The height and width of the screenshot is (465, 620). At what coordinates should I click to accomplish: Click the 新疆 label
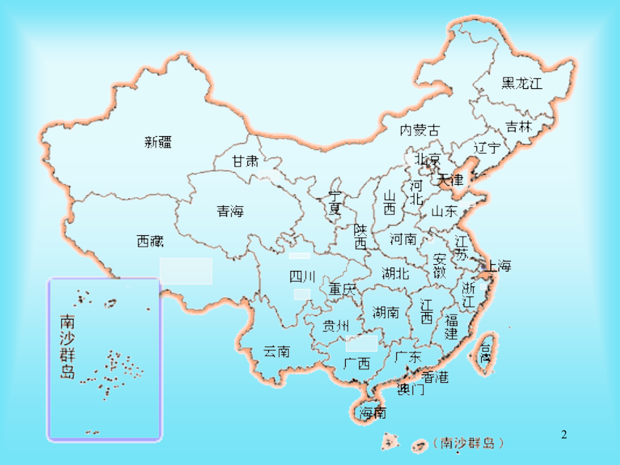click(x=158, y=142)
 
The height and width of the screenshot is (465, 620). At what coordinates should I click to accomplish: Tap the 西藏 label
click(x=150, y=241)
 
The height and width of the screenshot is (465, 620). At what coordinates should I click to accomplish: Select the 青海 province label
click(x=230, y=212)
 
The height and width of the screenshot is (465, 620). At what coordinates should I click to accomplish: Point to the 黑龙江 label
click(x=522, y=84)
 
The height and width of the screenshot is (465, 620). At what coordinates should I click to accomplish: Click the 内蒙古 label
click(x=419, y=129)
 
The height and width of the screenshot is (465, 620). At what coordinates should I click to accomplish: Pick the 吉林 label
click(x=519, y=127)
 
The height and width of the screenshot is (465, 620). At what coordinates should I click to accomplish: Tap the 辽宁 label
click(x=487, y=148)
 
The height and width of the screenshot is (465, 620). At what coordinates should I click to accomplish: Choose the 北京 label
click(x=427, y=160)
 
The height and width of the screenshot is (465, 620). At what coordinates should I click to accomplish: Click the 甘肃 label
click(x=245, y=162)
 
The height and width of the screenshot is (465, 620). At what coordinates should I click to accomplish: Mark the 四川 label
click(x=302, y=276)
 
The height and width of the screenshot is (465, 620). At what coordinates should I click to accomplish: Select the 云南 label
click(x=276, y=351)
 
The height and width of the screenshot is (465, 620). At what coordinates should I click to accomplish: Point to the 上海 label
click(x=497, y=266)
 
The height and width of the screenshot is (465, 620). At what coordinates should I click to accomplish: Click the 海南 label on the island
click(x=373, y=412)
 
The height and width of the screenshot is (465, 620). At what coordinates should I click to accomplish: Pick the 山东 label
click(x=444, y=212)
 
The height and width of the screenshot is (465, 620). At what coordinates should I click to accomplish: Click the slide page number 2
click(x=565, y=436)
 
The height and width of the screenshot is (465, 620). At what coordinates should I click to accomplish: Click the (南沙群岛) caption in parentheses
click(x=470, y=443)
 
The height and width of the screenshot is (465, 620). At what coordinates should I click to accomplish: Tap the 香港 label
click(x=435, y=377)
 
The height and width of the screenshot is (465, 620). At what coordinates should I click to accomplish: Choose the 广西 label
click(x=356, y=364)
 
